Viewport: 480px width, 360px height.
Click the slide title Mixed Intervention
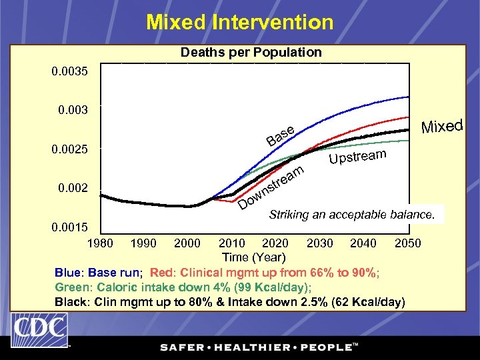point(240,22)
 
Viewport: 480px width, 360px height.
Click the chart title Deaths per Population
point(251,52)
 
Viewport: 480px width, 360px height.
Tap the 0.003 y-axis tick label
point(69,109)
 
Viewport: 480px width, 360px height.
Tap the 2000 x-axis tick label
point(187,243)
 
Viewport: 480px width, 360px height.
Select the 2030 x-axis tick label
point(320,243)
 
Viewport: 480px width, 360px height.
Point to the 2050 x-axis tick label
point(407,243)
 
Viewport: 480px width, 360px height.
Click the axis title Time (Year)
point(253,257)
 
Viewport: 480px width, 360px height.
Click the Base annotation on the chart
point(280,135)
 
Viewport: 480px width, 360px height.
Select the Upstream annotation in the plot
point(357,157)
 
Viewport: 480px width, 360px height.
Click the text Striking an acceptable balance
point(351,215)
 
